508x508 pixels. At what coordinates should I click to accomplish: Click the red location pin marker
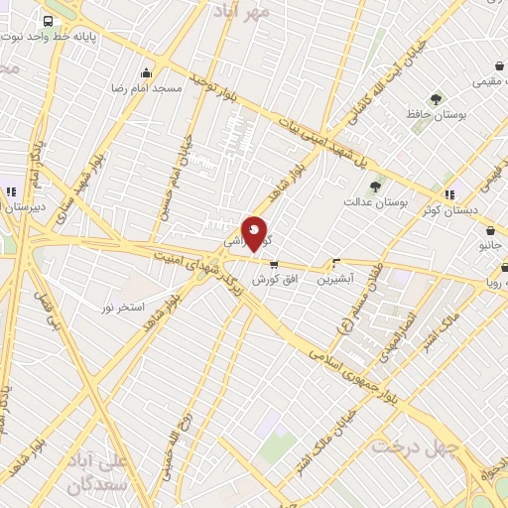coord(255,233)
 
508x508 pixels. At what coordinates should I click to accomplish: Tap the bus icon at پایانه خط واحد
coord(49,21)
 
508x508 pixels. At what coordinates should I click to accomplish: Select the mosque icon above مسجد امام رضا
coord(148,71)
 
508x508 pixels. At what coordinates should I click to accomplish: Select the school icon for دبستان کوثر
coord(450,194)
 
